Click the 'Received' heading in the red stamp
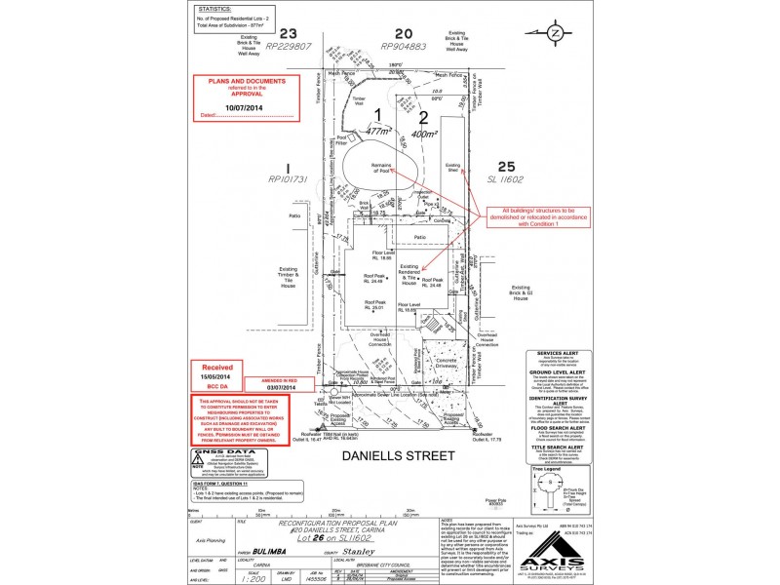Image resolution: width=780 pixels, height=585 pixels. (x=216, y=368)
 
